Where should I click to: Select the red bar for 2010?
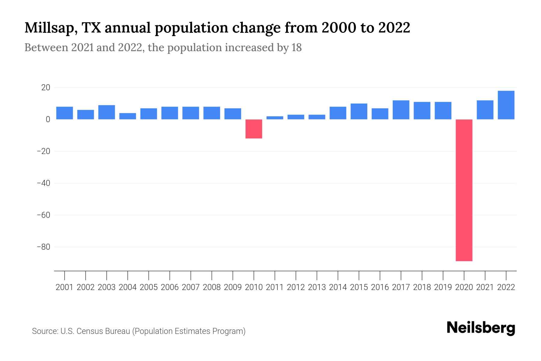click(254, 129)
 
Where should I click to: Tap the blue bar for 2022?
click(506, 105)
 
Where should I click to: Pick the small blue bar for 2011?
click(275, 118)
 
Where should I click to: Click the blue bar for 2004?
click(128, 116)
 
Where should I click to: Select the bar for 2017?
click(401, 110)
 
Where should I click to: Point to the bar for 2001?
click(65, 113)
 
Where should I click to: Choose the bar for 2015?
click(359, 111)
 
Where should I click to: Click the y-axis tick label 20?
click(46, 88)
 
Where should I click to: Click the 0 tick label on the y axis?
click(48, 119)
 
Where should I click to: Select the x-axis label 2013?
click(317, 287)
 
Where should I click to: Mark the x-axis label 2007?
click(191, 287)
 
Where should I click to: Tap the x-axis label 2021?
click(485, 287)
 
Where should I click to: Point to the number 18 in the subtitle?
click(296, 48)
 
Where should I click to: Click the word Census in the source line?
click(87, 331)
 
